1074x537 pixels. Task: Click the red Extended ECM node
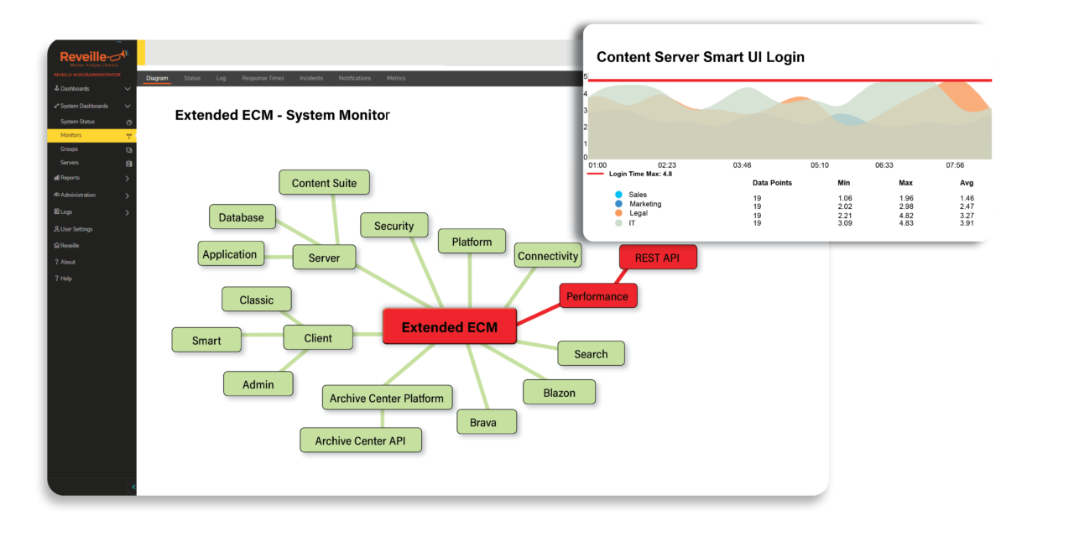pos(449,327)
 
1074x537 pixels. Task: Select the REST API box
pos(658,258)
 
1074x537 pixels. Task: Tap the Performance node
pos(597,296)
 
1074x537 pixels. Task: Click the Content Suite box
pos(324,183)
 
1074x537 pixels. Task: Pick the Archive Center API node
pos(361,441)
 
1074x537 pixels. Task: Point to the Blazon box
pos(559,392)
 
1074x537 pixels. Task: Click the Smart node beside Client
pos(206,340)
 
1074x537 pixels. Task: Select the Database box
pos(242,217)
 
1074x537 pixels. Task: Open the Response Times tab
pos(263,78)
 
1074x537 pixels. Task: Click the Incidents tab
pos(311,78)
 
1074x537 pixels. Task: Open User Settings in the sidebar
pos(76,229)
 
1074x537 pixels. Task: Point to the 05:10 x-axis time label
pos(819,165)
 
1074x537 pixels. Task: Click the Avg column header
pos(967,183)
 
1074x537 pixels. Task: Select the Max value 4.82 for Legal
pos(905,216)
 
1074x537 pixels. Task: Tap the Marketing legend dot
pos(618,204)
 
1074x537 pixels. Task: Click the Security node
pos(394,226)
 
